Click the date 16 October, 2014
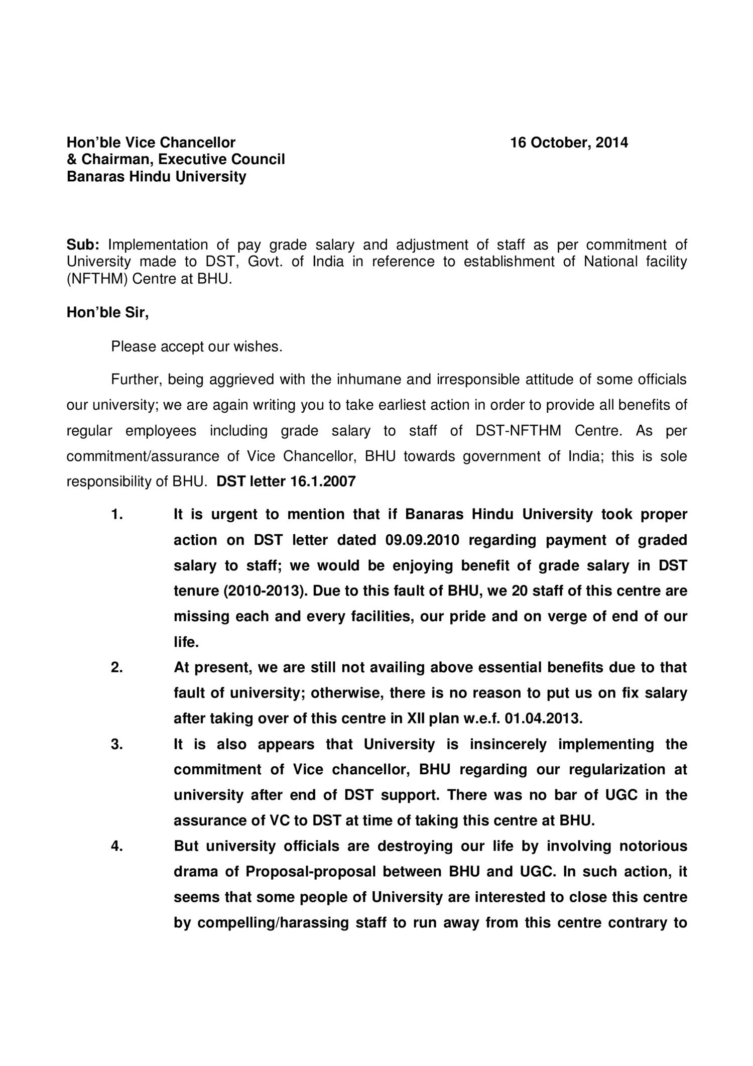(569, 143)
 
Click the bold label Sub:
(83, 245)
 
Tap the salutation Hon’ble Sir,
(108, 313)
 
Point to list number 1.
(116, 515)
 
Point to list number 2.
(117, 668)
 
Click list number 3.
(117, 744)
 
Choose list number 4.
(117, 846)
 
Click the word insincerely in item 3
(508, 745)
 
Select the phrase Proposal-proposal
(310, 872)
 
